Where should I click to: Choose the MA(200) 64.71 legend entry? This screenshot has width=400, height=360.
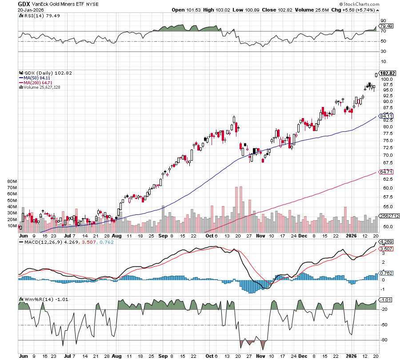tap(38, 83)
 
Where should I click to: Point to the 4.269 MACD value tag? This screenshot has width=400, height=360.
tap(385, 242)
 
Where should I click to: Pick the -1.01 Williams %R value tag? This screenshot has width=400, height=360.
tap(385, 300)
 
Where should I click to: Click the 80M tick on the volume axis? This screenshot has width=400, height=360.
tap(12, 182)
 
